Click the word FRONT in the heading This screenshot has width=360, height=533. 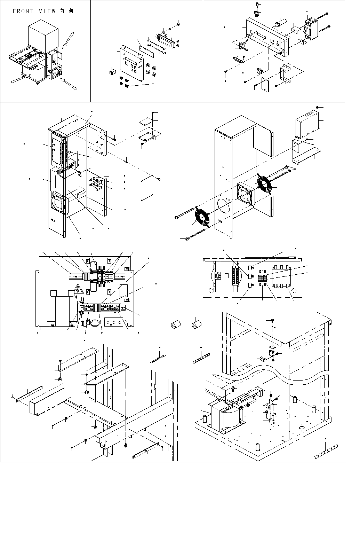pos(23,11)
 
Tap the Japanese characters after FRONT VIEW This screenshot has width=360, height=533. pos(67,11)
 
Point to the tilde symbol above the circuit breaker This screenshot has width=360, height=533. pos(307,11)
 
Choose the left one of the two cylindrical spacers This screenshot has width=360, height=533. pos(176,325)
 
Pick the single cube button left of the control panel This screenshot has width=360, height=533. pos(112,71)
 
